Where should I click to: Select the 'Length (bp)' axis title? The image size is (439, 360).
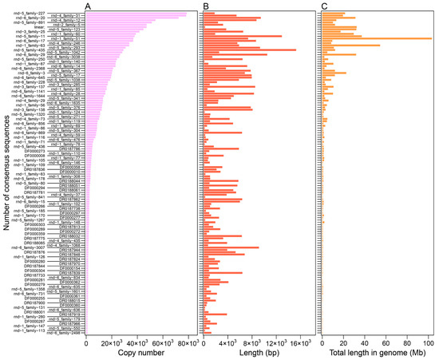257,351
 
